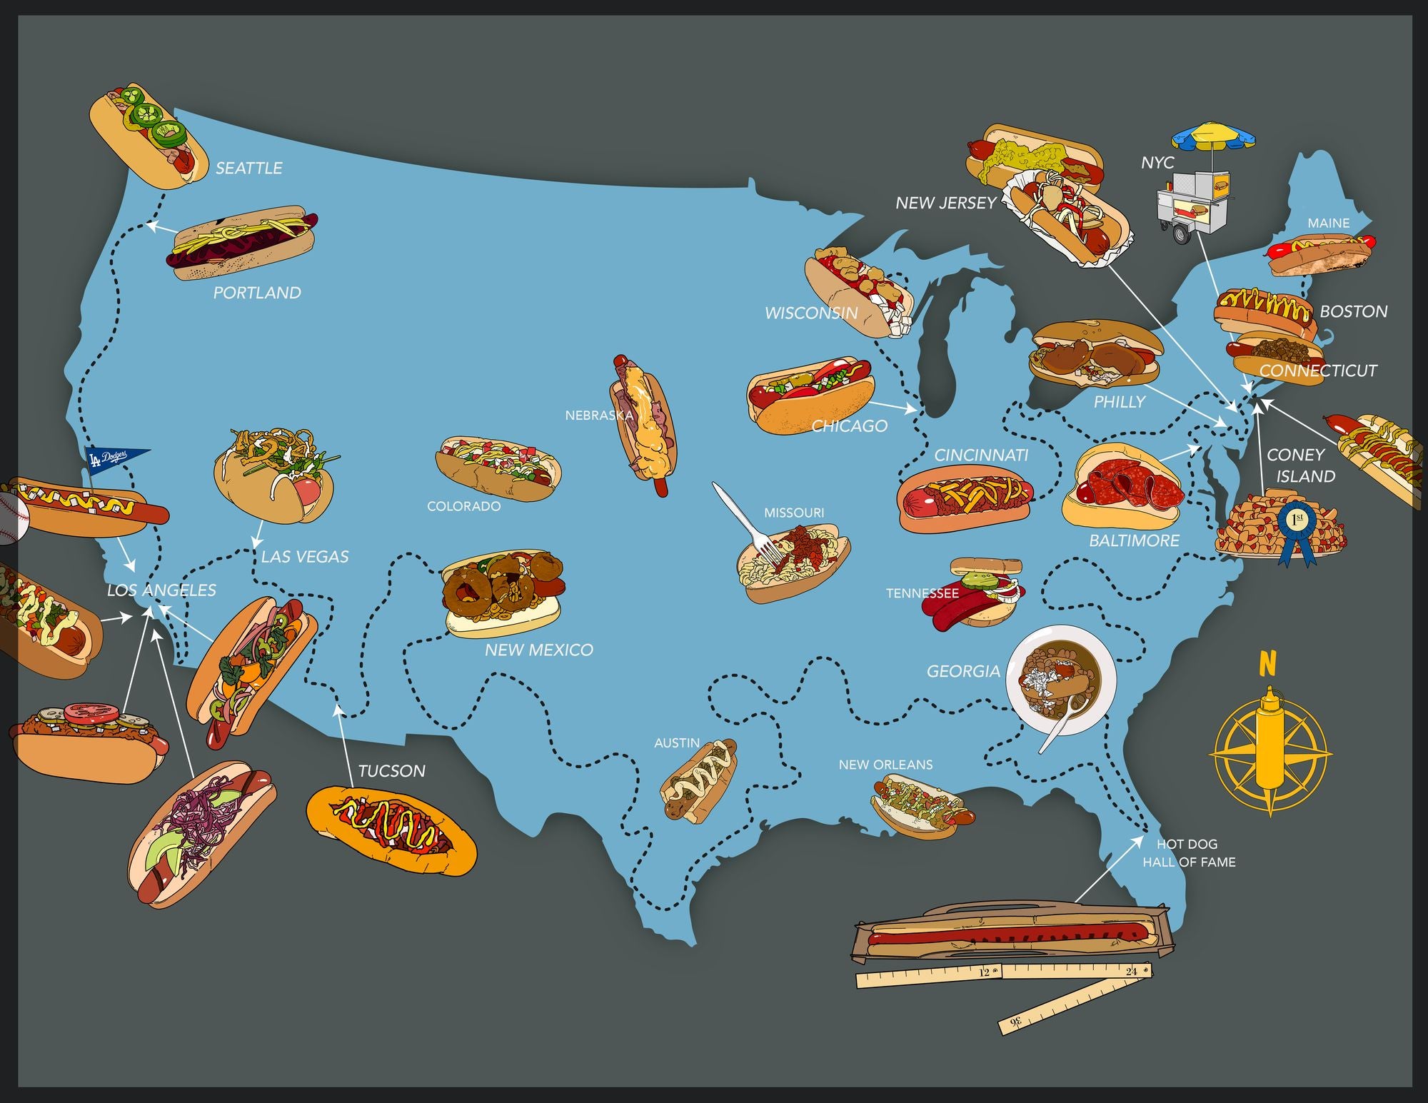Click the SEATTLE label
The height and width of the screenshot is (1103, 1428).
tap(248, 168)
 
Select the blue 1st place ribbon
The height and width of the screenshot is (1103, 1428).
tap(1297, 527)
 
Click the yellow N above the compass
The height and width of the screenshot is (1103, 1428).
tap(1267, 664)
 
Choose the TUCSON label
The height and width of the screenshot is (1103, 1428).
tap(391, 771)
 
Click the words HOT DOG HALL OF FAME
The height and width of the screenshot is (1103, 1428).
tap(1189, 853)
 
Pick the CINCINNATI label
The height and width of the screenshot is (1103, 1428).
tap(981, 455)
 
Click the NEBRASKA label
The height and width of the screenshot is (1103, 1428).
tap(598, 415)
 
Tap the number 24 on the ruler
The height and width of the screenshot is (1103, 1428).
tap(1131, 971)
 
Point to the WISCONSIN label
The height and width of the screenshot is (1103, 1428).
tap(811, 313)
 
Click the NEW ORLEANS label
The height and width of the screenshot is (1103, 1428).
tap(885, 765)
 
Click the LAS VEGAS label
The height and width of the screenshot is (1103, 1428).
tap(305, 557)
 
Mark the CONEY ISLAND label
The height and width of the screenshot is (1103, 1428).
tap(1300, 465)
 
